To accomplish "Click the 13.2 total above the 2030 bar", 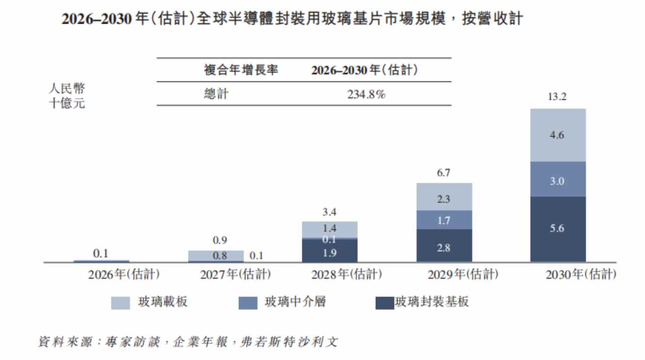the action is coord(557,97).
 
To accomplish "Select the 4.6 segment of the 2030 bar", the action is coord(558,135).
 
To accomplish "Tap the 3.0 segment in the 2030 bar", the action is coord(558,179).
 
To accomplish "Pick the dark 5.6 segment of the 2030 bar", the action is coord(558,229).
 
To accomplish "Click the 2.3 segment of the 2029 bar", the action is coord(444,197).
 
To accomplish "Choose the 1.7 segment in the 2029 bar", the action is coord(444,220).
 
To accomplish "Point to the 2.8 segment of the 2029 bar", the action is coord(444,246).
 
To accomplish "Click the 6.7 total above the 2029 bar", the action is coord(443,173).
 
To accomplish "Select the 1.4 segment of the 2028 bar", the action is coord(330,230).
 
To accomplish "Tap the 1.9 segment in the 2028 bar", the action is coord(330,251).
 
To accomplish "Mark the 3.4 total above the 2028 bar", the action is coord(329,212).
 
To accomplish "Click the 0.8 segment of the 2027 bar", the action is coord(216,256).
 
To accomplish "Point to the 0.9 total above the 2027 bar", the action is coord(220,240).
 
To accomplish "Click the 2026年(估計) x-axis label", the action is coord(124,274).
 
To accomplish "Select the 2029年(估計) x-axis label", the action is coord(463,274).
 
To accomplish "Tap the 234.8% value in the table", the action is coord(366,94).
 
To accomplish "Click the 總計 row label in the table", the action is coord(216,94).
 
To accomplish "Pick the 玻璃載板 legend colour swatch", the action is coord(120,303).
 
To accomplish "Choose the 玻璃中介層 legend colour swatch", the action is coord(248,303).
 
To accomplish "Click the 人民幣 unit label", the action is coord(67,88).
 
